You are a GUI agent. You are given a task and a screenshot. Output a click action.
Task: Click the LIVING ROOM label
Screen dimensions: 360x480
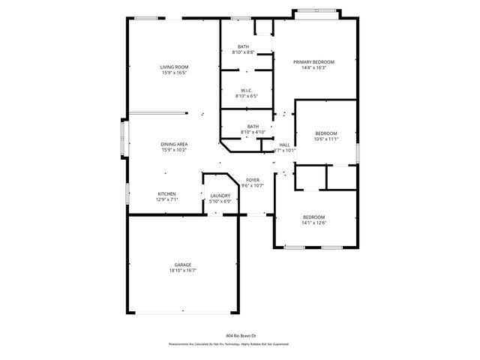[174, 67]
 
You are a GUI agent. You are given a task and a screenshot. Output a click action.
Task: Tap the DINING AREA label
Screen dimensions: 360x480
[174, 144]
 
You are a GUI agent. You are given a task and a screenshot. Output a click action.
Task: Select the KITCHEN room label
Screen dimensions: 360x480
[166, 194]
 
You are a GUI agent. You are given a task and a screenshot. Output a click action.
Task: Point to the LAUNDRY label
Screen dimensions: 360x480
[220, 196]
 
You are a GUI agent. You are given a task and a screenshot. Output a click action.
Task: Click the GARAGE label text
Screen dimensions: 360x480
[183, 265]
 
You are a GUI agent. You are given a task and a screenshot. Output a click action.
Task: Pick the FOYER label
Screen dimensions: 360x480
[253, 180]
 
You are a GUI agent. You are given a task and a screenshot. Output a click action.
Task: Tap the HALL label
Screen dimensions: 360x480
[285, 145]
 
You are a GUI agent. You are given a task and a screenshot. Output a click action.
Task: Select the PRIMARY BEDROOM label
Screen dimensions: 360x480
[313, 62]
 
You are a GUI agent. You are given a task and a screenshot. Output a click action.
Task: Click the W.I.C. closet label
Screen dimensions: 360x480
[246, 91]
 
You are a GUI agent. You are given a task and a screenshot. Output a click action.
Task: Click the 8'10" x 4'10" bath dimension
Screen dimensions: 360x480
[253, 132]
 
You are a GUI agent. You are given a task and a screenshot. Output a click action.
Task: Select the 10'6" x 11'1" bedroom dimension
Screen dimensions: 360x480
[326, 139]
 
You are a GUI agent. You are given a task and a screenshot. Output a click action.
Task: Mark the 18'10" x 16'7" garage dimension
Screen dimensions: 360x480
[183, 271]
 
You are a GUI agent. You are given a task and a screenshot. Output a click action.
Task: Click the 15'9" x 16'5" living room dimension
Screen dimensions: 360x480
[174, 73]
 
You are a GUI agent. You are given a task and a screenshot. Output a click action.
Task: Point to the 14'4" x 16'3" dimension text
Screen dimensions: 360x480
[313, 68]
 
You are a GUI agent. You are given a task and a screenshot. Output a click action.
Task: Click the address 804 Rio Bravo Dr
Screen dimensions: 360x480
[241, 336]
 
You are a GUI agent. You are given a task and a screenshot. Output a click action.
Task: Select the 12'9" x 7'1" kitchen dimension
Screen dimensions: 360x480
[166, 200]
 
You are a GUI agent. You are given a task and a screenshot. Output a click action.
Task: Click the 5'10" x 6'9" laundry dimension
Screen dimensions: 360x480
[220, 201]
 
